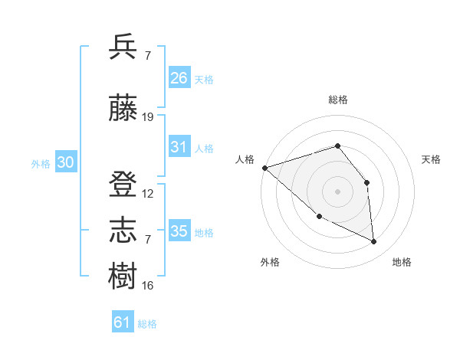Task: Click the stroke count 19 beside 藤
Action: (148, 117)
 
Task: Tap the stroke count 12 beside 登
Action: (148, 194)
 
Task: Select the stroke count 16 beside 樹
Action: (148, 286)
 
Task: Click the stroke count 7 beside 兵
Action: (147, 56)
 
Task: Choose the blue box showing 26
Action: (179, 77)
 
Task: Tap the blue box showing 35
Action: (179, 231)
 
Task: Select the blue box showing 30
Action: (65, 162)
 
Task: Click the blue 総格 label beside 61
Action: (147, 324)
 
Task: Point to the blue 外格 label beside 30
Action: (41, 163)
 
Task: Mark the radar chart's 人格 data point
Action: (264, 167)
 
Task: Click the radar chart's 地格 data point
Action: (374, 242)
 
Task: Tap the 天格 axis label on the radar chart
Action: (432, 159)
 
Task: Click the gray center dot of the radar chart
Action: (337, 191)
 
